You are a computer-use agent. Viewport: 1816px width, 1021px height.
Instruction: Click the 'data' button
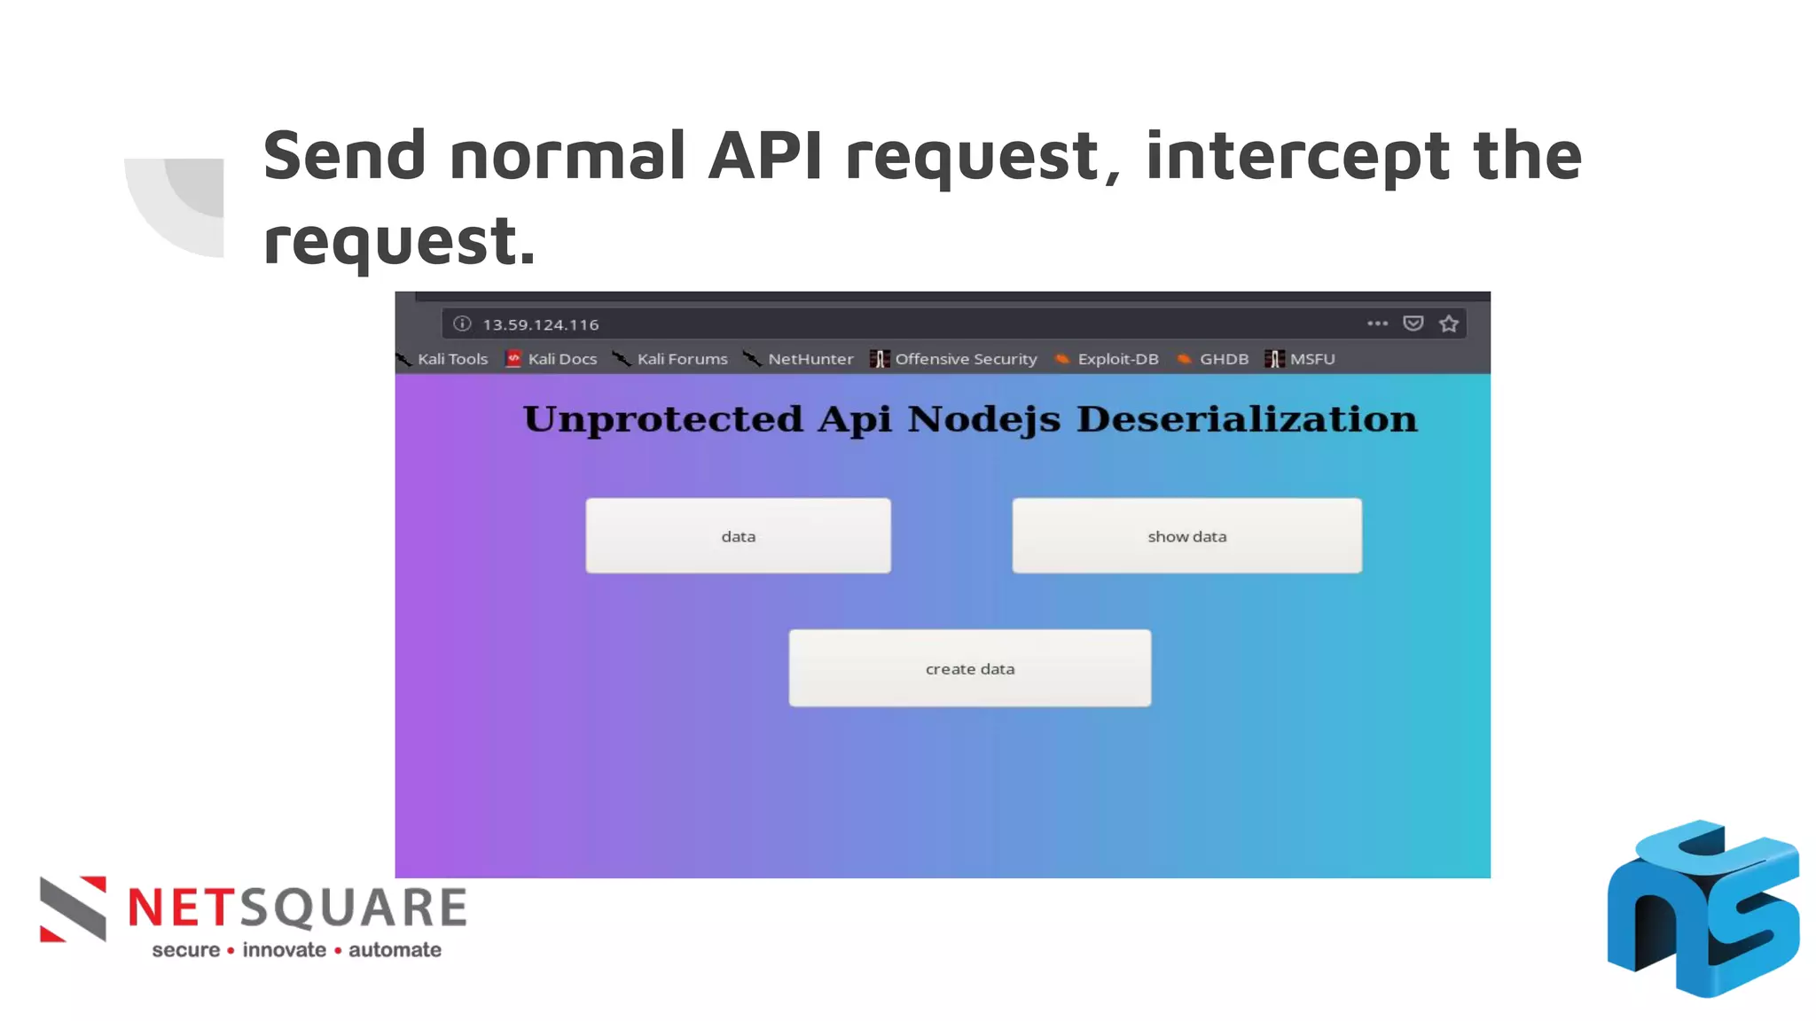pos(738,536)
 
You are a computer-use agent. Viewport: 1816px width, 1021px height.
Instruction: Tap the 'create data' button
pos(969,668)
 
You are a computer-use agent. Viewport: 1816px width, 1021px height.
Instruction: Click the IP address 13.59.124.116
pos(540,324)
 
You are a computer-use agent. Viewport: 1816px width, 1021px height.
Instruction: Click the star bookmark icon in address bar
pos(1449,323)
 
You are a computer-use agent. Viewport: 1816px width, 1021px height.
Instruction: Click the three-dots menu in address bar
pos(1377,323)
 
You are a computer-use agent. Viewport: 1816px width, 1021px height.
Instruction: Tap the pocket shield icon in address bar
pos(1413,323)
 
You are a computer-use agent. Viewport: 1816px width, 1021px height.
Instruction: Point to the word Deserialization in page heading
pos(1247,419)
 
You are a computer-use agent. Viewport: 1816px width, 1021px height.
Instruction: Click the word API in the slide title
pos(765,156)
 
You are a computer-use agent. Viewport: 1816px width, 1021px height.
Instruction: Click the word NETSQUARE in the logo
pos(298,908)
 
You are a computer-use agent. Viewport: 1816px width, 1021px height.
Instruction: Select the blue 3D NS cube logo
pos(1702,908)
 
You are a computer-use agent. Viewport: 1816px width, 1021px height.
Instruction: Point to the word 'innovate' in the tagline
pos(285,950)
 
